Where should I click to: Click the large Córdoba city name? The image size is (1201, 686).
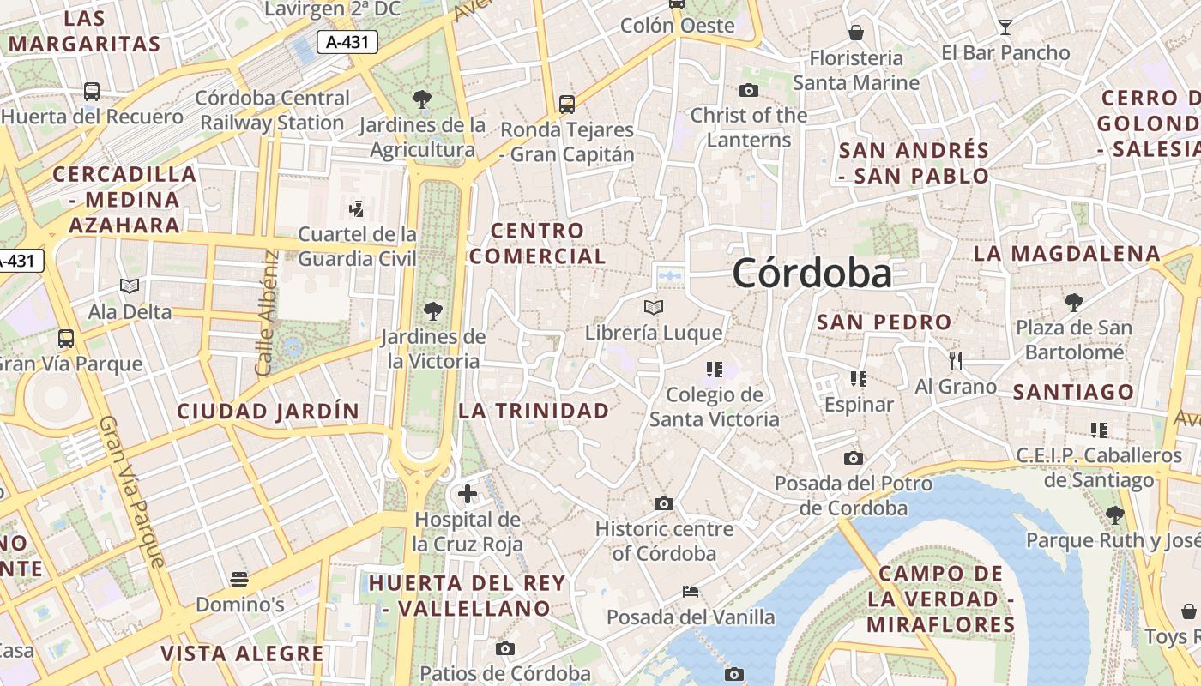pyautogui.click(x=812, y=274)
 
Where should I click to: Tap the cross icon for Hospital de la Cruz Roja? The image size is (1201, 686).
pyautogui.click(x=468, y=494)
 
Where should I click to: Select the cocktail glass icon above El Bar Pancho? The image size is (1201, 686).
pyautogui.click(x=1005, y=27)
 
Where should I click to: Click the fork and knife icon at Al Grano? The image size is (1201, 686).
pyautogui.click(x=956, y=360)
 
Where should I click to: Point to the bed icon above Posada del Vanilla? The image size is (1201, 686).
pyautogui.click(x=691, y=592)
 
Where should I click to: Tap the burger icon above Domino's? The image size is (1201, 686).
pyautogui.click(x=239, y=580)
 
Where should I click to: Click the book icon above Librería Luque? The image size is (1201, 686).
pyautogui.click(x=654, y=307)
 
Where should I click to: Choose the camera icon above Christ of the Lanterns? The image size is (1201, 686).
pyautogui.click(x=749, y=90)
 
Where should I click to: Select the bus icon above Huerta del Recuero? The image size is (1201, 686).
pyautogui.click(x=92, y=91)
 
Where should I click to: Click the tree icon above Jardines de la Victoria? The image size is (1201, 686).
pyautogui.click(x=433, y=311)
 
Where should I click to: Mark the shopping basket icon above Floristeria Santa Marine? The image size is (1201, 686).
pyautogui.click(x=855, y=33)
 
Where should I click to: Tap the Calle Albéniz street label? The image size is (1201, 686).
pyautogui.click(x=266, y=312)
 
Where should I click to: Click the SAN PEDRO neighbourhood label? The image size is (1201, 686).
pyautogui.click(x=884, y=322)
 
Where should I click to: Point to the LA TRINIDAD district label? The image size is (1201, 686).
pyautogui.click(x=534, y=411)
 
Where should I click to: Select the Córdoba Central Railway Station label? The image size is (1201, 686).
pyautogui.click(x=273, y=111)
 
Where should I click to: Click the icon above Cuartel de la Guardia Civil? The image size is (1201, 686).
pyautogui.click(x=356, y=208)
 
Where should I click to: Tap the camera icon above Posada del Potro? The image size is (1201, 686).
pyautogui.click(x=853, y=458)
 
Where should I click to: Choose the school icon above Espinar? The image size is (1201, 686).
pyautogui.click(x=858, y=378)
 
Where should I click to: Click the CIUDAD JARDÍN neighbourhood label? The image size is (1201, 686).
pyautogui.click(x=269, y=411)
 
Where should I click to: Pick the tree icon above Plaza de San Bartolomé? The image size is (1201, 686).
pyautogui.click(x=1073, y=302)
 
